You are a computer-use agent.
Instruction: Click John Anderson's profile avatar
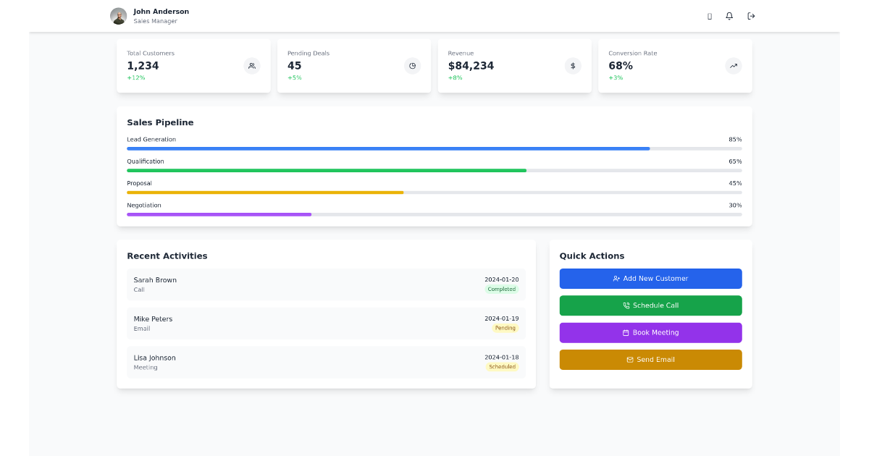point(118,16)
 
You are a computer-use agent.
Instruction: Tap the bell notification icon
point(729,16)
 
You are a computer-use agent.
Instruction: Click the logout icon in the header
point(751,16)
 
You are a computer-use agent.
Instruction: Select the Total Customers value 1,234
point(143,66)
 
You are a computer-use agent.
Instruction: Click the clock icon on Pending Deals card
point(412,66)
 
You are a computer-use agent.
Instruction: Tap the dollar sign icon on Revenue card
point(573,66)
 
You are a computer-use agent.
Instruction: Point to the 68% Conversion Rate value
point(621,66)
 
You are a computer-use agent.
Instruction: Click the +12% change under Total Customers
point(136,77)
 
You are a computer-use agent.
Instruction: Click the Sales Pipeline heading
point(160,122)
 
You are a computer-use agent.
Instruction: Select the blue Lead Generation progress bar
point(388,148)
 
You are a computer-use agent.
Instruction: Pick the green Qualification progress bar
point(327,171)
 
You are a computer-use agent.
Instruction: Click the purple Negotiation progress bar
point(219,214)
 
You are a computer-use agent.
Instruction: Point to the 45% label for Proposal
point(735,183)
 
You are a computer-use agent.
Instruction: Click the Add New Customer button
point(650,279)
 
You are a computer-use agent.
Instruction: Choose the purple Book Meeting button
point(650,333)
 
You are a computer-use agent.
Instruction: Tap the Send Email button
point(650,360)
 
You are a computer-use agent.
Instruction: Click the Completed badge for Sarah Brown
point(501,290)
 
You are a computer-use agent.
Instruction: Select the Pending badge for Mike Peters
point(505,328)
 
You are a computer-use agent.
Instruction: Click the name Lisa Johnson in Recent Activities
point(154,358)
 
